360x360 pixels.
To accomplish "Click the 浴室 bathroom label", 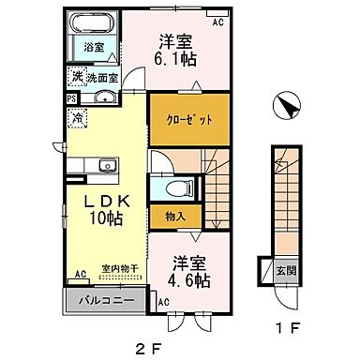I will pos(94,46).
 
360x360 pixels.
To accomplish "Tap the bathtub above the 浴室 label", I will pos(93,22).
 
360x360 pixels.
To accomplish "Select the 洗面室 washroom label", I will pos(96,79).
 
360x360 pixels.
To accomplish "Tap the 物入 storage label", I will pos(173,217).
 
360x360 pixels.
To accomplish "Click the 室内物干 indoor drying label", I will pos(119,268).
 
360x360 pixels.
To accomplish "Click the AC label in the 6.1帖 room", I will pos(217,21).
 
